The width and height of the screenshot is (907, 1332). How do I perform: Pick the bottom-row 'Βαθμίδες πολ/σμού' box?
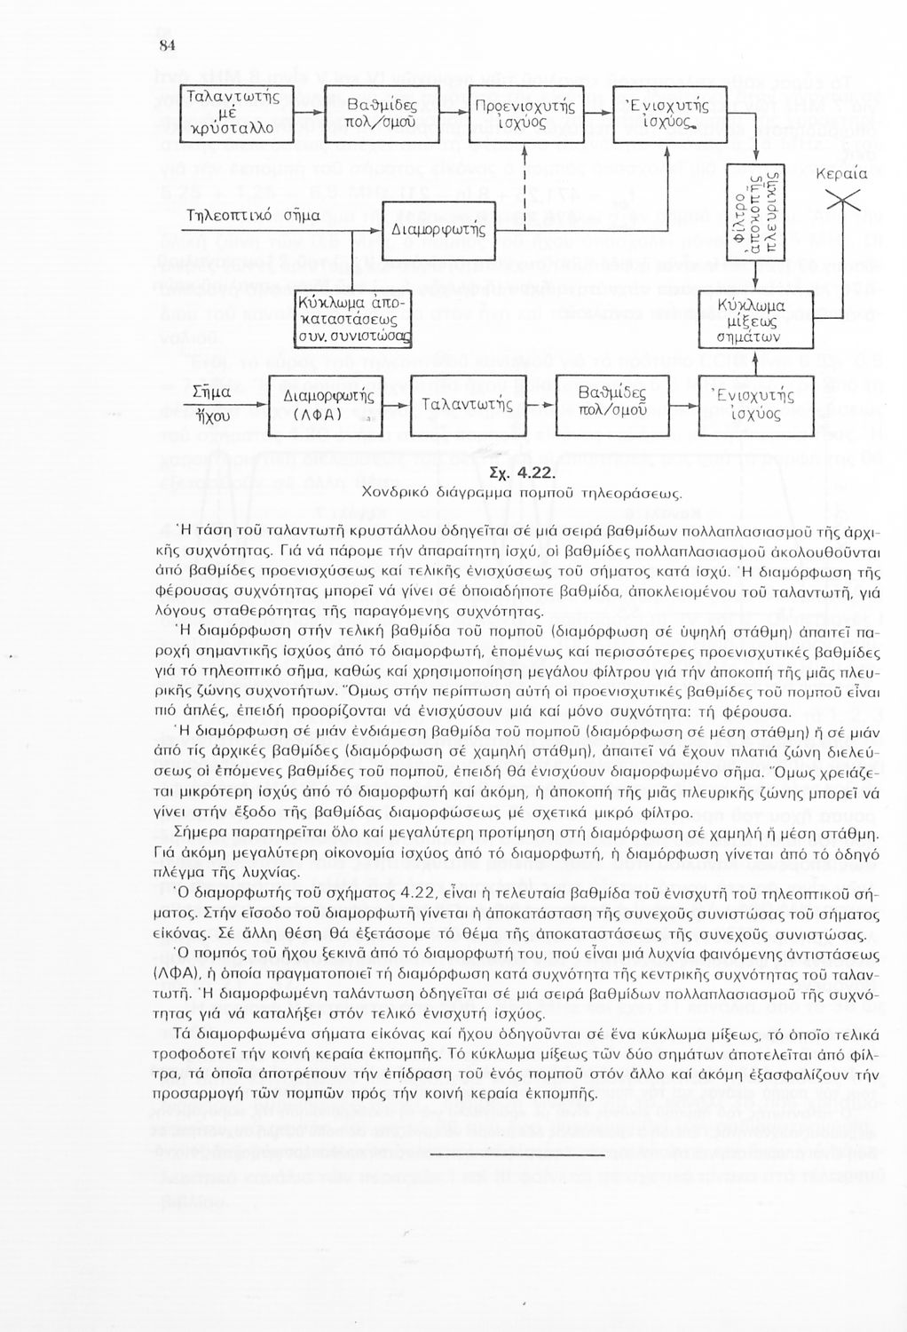pos(611,405)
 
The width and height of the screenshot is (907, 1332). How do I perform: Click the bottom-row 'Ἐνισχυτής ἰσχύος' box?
pos(756,405)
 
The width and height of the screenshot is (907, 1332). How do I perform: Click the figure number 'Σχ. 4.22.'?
pos(522,472)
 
